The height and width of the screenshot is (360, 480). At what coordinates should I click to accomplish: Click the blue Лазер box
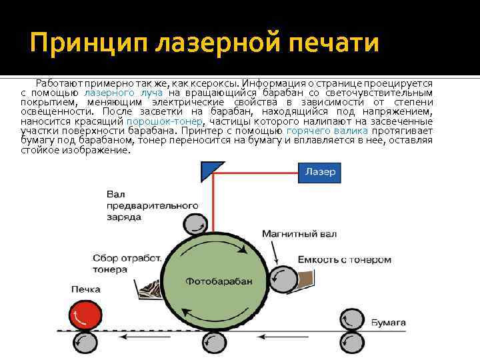click(x=320, y=172)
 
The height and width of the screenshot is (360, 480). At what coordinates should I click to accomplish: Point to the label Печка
click(x=85, y=289)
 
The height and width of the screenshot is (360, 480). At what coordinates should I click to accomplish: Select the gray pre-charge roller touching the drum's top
click(x=193, y=225)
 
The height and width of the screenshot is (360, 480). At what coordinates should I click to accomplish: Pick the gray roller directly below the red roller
click(x=85, y=343)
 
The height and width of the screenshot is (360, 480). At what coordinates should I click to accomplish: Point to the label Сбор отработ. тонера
click(x=119, y=264)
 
